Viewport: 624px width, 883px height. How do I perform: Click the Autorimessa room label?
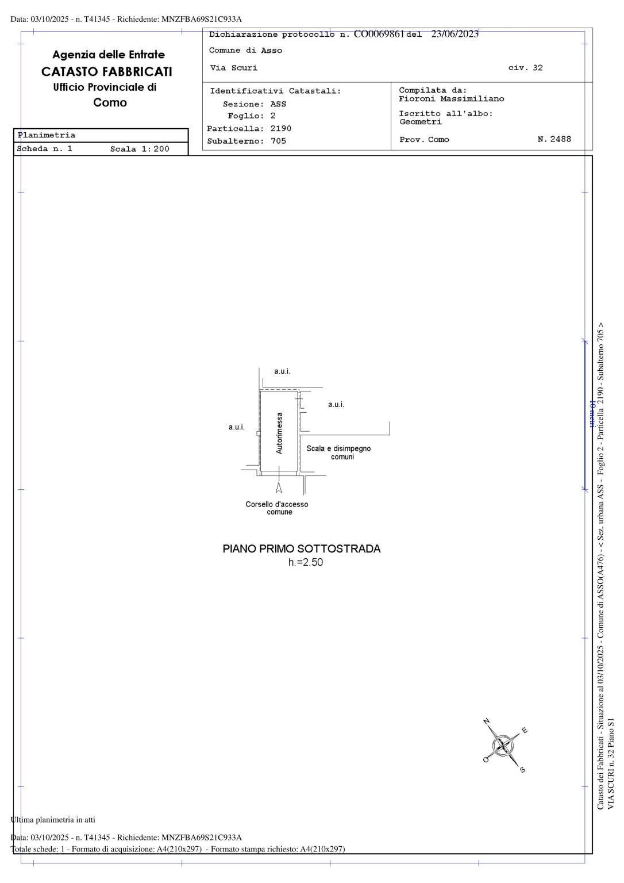coord(280,433)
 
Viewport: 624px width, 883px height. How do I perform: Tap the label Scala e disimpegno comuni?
coord(338,452)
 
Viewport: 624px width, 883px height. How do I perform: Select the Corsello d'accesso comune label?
coord(277,508)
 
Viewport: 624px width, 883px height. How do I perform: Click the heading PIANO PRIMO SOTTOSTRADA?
coord(302,548)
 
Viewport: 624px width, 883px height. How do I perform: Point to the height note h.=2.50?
coord(305,562)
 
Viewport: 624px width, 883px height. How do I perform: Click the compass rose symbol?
coord(503,745)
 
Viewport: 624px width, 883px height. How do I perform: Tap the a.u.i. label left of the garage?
coord(237,427)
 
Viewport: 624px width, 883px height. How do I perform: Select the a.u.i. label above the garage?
coord(282,371)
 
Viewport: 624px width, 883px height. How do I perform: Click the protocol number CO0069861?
coord(379,34)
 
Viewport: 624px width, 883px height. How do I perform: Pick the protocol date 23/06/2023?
coord(454,34)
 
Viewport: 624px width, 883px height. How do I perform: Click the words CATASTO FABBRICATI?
coord(107,72)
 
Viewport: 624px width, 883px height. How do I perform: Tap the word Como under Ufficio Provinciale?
coord(110,103)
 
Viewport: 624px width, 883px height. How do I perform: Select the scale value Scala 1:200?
coord(140,149)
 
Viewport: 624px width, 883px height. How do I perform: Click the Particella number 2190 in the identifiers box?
coord(281,129)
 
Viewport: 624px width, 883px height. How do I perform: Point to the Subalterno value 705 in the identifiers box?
coord(278,141)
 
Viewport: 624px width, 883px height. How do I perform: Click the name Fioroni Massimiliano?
coord(452,99)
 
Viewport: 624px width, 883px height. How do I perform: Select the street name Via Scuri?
coord(234,68)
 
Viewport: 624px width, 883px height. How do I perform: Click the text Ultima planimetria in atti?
coord(53,819)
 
